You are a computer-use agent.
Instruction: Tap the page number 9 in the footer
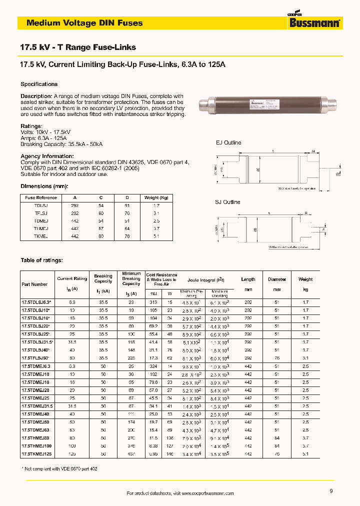(331, 491)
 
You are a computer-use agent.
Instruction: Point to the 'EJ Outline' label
(228, 142)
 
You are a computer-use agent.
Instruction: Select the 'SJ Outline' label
(228, 202)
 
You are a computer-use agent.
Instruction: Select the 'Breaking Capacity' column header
(103, 279)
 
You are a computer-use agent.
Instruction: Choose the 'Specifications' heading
(39, 84)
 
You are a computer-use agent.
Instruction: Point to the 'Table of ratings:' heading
(41, 260)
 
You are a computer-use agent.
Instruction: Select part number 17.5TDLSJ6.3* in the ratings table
(36, 302)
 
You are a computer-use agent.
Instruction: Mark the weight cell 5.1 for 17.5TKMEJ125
(305, 454)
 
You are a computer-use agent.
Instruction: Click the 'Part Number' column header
(34, 284)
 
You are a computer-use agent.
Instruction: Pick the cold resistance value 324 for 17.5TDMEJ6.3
(153, 366)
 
